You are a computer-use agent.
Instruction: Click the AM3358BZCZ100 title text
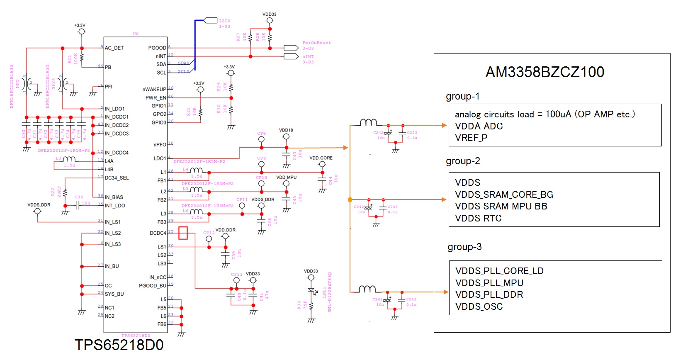point(544,72)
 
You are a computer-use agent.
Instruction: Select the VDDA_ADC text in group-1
point(479,126)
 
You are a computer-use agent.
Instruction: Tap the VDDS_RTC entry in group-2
point(478,218)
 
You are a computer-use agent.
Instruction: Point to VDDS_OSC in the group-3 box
point(479,306)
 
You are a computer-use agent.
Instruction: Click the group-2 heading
point(463,161)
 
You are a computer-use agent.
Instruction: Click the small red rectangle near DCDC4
point(183,233)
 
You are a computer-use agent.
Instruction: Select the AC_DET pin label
point(114,48)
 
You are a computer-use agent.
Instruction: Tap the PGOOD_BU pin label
point(152,286)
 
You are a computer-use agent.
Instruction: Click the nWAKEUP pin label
point(154,90)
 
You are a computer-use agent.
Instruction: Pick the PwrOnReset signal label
point(316,43)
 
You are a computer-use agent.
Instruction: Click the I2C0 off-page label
point(224,21)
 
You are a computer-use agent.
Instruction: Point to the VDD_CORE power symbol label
point(321,158)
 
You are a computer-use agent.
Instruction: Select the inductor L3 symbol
point(69,159)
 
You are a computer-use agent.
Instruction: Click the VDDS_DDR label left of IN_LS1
point(39,205)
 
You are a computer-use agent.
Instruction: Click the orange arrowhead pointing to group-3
point(446,292)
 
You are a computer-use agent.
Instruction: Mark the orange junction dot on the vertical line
point(350,200)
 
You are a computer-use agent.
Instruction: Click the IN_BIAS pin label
point(114,197)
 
